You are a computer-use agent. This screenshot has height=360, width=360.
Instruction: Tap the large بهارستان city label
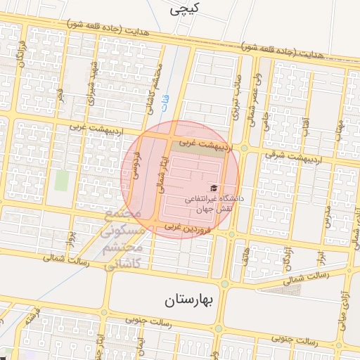pos(188,301)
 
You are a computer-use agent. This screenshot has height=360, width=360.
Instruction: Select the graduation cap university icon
pos(212,188)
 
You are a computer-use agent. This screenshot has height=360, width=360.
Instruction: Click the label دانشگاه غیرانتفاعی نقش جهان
pos(214,204)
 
